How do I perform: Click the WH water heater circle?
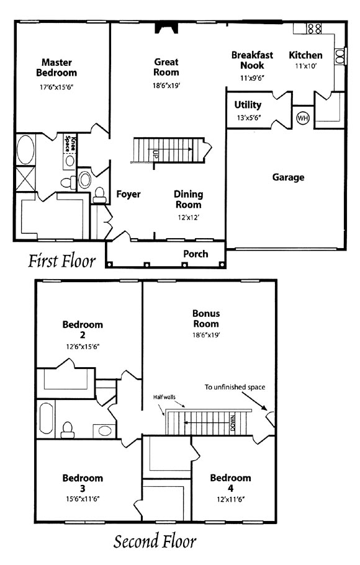303,117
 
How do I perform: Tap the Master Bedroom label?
56,68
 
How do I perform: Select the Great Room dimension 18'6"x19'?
166,86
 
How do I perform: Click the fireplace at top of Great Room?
166,29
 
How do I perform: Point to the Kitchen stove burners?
314,29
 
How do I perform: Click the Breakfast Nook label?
252,60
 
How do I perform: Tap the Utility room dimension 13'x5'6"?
249,117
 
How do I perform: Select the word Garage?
288,177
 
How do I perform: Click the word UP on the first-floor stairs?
155,154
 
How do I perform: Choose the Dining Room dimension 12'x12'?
188,218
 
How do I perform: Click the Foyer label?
128,194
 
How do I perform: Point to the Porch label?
196,254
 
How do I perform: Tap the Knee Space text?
70,143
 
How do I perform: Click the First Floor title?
62,261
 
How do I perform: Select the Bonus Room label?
206,319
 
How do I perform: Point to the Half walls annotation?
164,397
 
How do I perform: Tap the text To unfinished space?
235,388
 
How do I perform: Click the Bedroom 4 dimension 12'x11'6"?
230,499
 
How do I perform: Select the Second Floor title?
155,541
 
